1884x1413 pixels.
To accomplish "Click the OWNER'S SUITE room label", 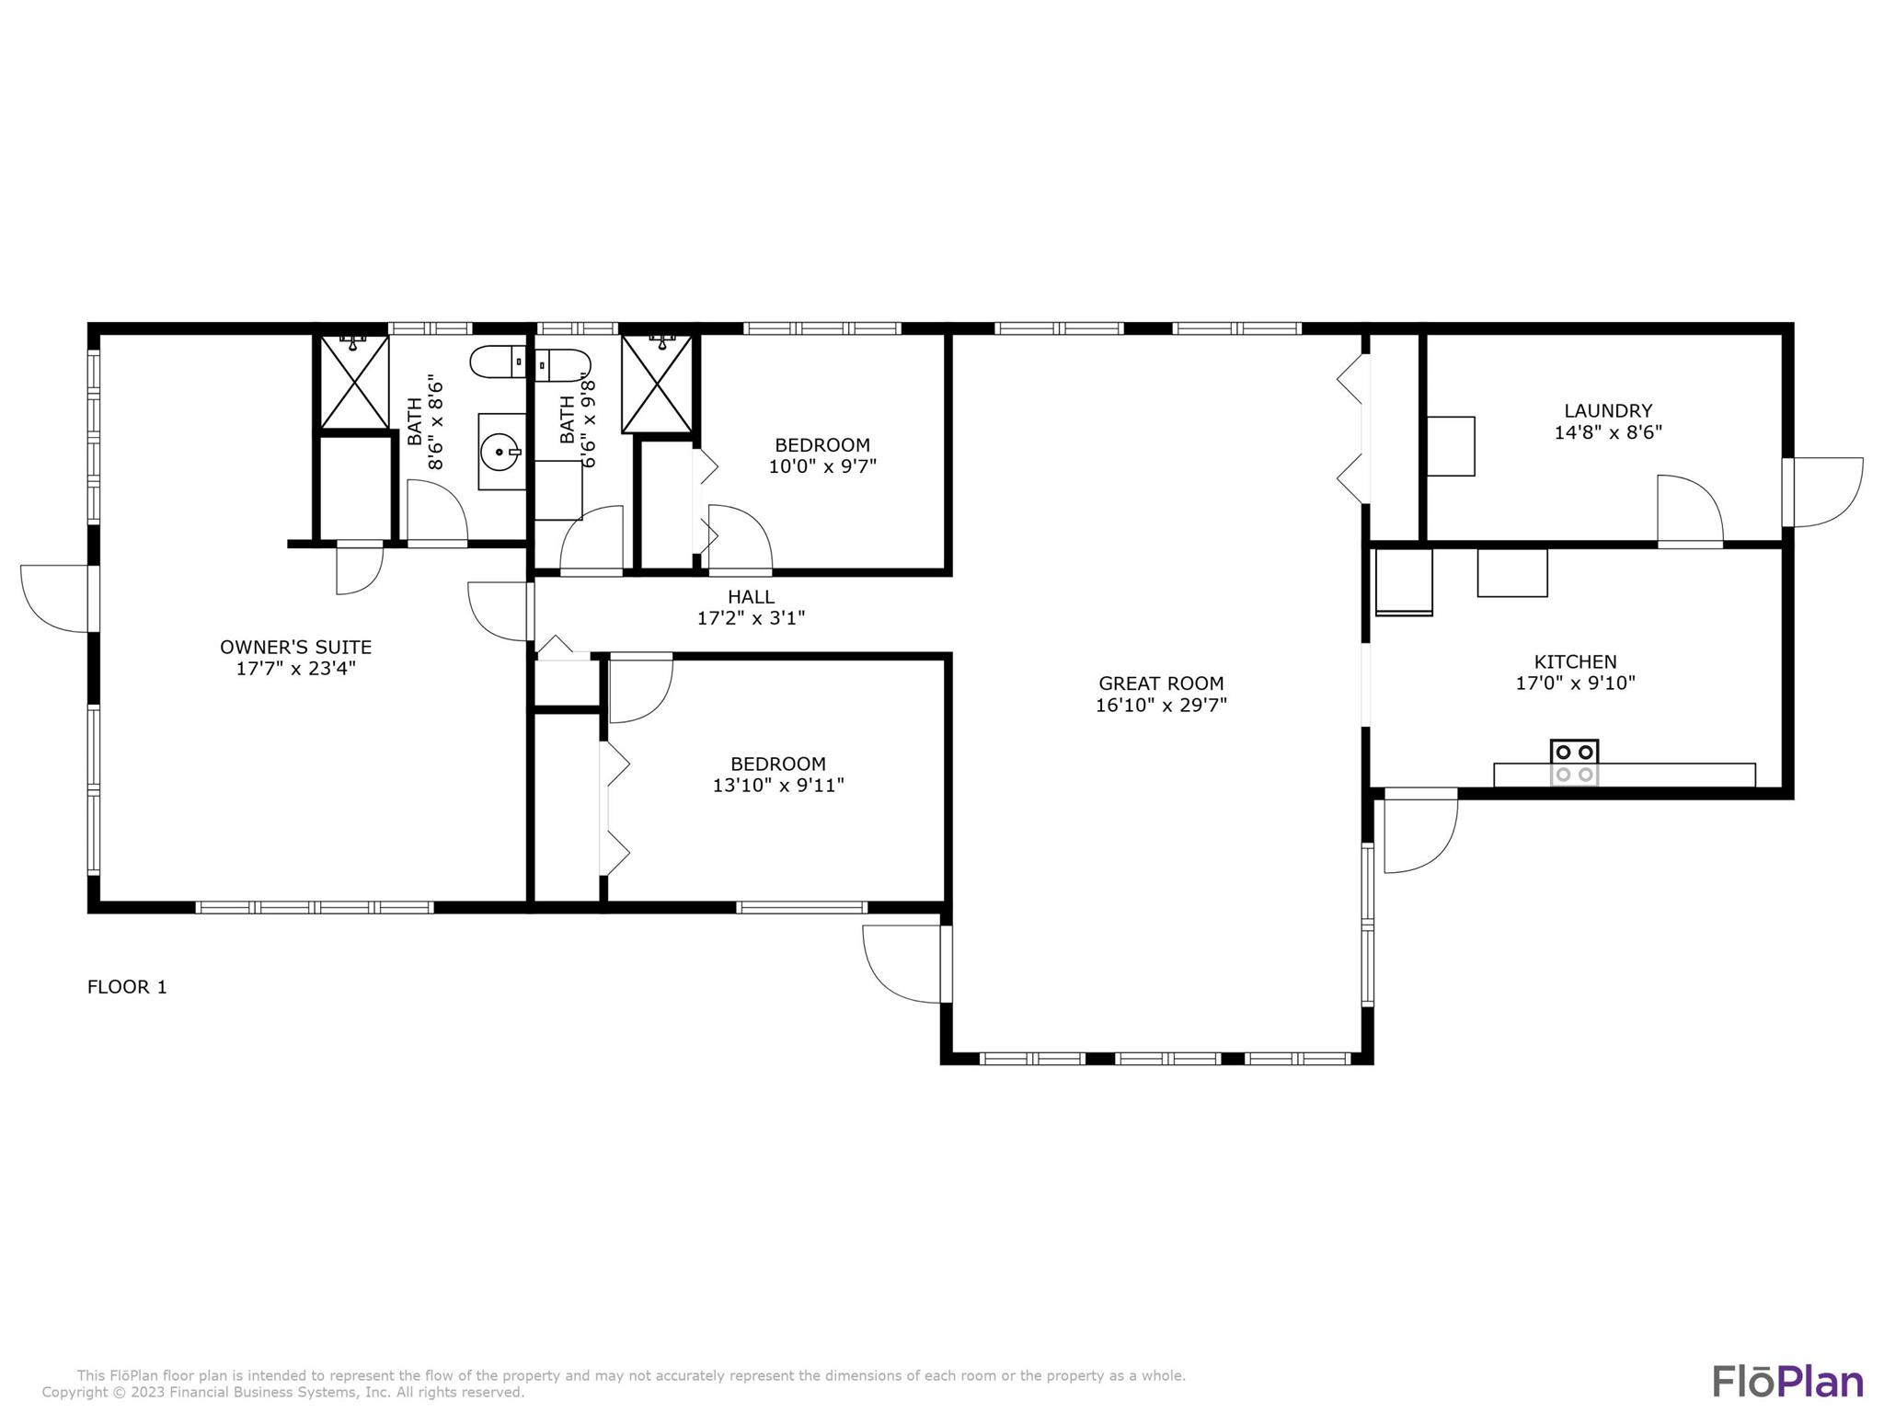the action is coord(295,647).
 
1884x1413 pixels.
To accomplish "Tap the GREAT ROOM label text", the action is coord(1161,684).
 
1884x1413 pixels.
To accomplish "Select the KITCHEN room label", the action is coord(1575,661).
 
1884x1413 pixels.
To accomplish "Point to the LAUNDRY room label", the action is coord(1608,410).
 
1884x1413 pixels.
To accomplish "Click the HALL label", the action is coord(751,597).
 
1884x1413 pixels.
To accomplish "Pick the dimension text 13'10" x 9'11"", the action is coord(778,786).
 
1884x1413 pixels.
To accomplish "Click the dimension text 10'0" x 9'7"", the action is coord(822,466).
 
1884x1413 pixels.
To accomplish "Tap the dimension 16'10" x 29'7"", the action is coord(1161,706).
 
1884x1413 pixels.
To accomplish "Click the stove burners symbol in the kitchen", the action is coord(1574,763).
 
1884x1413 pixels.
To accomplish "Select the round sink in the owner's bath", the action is coord(502,452).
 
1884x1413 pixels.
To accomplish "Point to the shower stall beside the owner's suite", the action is coord(354,382).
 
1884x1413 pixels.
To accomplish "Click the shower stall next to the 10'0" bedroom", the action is coord(657,384).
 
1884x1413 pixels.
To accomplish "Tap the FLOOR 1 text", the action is coord(127,987).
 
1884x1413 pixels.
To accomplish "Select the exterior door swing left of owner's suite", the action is coord(56,599).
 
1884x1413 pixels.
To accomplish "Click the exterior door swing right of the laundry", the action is coord(1827,493).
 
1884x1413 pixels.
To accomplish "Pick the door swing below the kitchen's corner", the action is coord(1420,831).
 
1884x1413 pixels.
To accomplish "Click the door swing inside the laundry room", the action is coord(1690,509).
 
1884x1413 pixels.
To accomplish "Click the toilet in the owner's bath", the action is coord(498,362).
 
